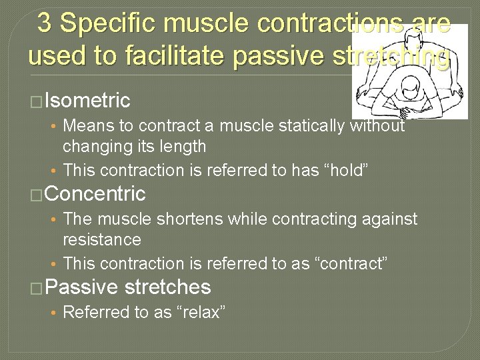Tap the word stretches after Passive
167,287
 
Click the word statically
309,126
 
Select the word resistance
101,239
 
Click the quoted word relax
201,313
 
